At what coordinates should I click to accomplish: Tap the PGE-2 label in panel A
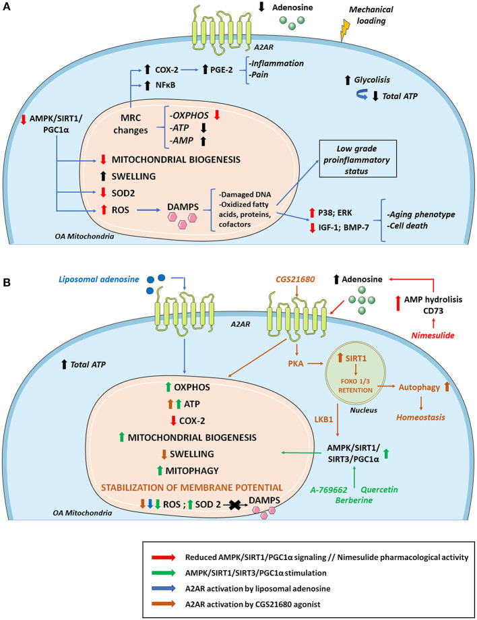coord(222,69)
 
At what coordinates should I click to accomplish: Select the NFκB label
coord(165,85)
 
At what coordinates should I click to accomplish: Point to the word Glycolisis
coord(372,80)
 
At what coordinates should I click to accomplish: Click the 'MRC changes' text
coord(131,124)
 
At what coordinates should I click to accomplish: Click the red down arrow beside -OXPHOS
coord(216,115)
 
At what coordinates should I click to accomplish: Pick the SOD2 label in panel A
coord(123,193)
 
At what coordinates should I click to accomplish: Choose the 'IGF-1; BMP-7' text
coord(344,227)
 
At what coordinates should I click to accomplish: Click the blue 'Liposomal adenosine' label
coord(99,279)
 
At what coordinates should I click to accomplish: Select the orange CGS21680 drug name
coord(296,279)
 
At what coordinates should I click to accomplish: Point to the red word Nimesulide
coord(433,336)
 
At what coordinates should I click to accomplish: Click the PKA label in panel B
coord(296,363)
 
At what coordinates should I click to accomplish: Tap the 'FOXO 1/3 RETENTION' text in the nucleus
coord(355,386)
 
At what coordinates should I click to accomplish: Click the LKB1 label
coord(323,419)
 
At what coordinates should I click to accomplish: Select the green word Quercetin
coord(379,489)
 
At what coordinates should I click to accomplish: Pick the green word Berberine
coord(354,500)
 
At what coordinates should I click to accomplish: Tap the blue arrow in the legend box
coord(164,588)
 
